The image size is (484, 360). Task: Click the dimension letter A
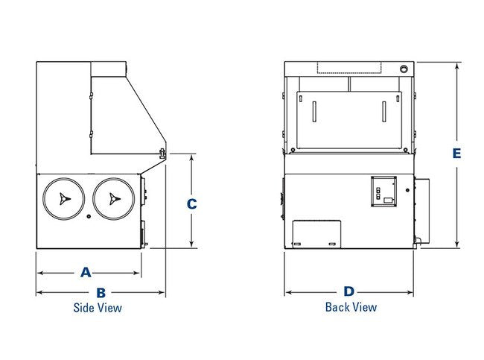pyautogui.click(x=86, y=272)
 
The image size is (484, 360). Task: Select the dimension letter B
pyautogui.click(x=101, y=293)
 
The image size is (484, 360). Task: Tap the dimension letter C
pyautogui.click(x=191, y=204)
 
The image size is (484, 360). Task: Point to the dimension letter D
pyautogui.click(x=348, y=291)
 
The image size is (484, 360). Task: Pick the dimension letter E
pyautogui.click(x=456, y=154)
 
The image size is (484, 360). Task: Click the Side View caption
pyautogui.click(x=98, y=308)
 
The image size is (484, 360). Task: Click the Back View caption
pyautogui.click(x=351, y=307)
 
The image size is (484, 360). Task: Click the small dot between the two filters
pyautogui.click(x=89, y=216)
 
